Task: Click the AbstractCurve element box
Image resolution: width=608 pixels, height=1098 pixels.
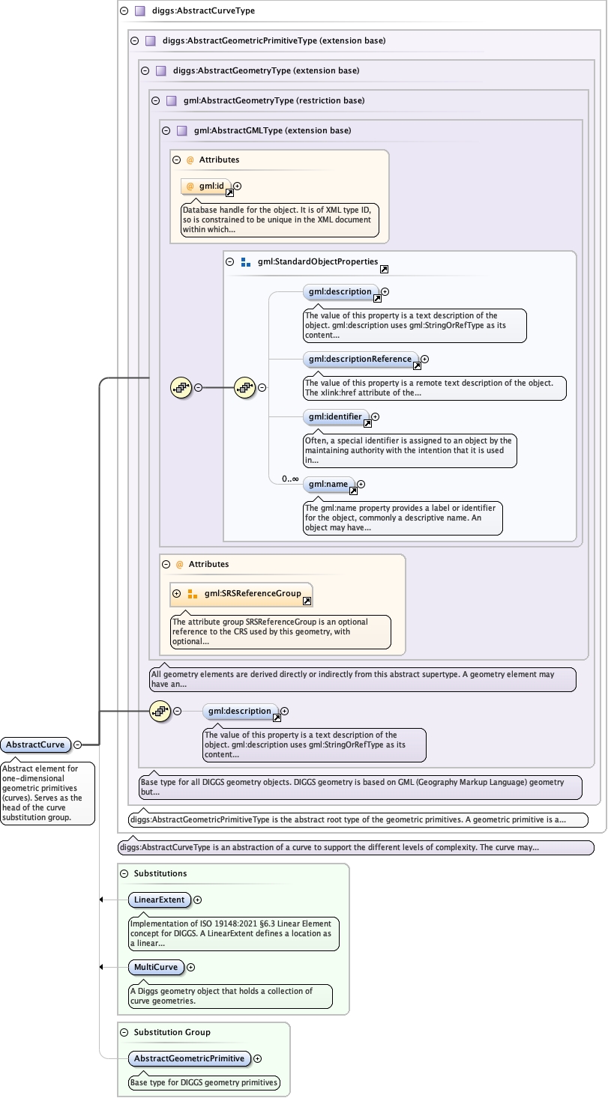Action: click(36, 744)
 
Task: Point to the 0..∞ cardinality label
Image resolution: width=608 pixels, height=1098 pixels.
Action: click(290, 479)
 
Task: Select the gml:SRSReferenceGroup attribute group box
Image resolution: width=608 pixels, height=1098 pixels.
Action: click(241, 594)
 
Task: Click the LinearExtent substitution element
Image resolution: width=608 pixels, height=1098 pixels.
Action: click(160, 900)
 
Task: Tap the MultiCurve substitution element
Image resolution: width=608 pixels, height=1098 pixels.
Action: click(156, 967)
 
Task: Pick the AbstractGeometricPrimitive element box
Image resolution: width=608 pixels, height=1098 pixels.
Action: click(188, 1058)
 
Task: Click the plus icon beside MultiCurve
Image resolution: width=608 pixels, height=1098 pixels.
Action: click(190, 967)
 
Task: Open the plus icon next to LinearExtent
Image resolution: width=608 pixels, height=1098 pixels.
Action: click(198, 900)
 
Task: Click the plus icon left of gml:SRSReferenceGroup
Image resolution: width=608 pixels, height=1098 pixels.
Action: click(177, 594)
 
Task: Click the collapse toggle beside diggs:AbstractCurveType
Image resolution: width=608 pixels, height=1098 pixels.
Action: click(124, 11)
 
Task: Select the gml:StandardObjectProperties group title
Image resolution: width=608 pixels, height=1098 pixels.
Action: click(317, 262)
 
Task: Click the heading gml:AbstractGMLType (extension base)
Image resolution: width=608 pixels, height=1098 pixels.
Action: click(272, 130)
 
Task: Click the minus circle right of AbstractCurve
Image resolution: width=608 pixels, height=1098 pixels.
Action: click(78, 744)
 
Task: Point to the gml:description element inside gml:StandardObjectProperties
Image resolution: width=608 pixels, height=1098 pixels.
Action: click(339, 291)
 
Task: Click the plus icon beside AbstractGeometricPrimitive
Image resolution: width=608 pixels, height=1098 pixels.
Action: click(258, 1058)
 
